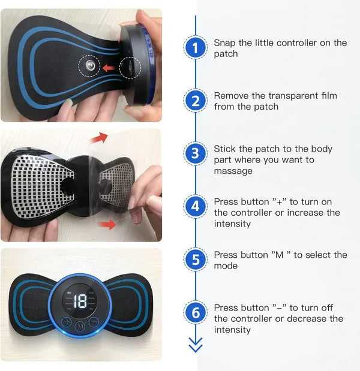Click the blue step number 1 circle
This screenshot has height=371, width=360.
195,48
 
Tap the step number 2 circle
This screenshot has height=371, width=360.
195,101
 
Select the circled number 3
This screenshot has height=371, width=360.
195,153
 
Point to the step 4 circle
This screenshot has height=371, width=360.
195,207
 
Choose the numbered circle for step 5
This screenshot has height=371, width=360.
195,260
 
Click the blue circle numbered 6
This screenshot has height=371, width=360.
195,313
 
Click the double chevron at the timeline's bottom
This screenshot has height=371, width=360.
196,345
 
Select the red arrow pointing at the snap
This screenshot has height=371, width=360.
109,68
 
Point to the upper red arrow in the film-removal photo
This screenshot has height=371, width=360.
100,138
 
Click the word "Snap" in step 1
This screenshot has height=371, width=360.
226,43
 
